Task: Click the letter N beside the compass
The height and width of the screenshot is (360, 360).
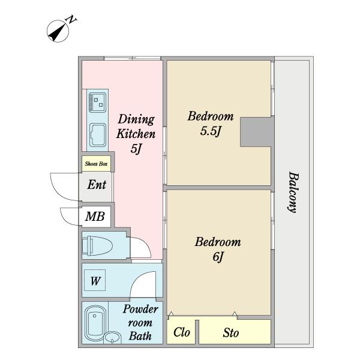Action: [71, 20]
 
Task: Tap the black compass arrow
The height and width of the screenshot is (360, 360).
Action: [56, 33]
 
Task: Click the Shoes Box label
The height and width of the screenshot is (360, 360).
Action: [96, 164]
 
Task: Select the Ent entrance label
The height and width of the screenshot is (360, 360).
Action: [97, 185]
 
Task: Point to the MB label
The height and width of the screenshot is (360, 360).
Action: [95, 216]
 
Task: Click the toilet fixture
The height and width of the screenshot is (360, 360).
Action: [97, 245]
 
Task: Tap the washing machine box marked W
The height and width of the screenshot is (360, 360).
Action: [95, 280]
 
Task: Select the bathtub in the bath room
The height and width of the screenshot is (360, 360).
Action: [95, 322]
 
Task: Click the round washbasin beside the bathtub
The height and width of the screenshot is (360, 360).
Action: [112, 337]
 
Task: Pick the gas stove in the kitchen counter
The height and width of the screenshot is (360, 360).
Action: [98, 103]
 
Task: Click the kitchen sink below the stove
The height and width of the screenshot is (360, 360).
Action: [98, 135]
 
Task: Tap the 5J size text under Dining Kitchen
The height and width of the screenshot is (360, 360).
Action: [136, 149]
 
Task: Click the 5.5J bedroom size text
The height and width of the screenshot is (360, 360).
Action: [211, 131]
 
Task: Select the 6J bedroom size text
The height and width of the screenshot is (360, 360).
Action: [218, 257]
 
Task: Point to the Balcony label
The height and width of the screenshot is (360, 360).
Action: [293, 193]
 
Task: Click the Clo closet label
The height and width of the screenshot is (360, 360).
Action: [182, 332]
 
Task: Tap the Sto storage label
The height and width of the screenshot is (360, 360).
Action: [231, 332]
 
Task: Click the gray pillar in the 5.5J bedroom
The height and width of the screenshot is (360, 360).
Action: [257, 132]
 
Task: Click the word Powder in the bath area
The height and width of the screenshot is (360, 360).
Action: [140, 309]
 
